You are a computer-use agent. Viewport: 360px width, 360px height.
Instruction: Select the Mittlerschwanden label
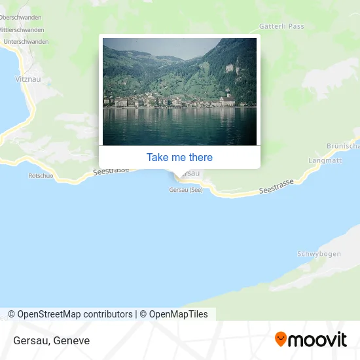(22, 29)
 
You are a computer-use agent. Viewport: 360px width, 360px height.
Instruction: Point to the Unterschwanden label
(26, 41)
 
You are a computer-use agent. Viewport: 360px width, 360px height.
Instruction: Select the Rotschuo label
(41, 175)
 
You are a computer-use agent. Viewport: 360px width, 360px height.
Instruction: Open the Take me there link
(179, 157)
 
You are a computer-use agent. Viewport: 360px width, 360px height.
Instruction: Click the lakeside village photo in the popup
(179, 92)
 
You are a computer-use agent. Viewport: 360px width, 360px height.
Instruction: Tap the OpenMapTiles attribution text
(173, 314)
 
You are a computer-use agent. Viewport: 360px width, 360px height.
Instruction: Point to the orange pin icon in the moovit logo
(281, 339)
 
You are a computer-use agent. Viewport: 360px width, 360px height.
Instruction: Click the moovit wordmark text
(317, 340)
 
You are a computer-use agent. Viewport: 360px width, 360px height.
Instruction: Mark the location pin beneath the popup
(179, 174)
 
